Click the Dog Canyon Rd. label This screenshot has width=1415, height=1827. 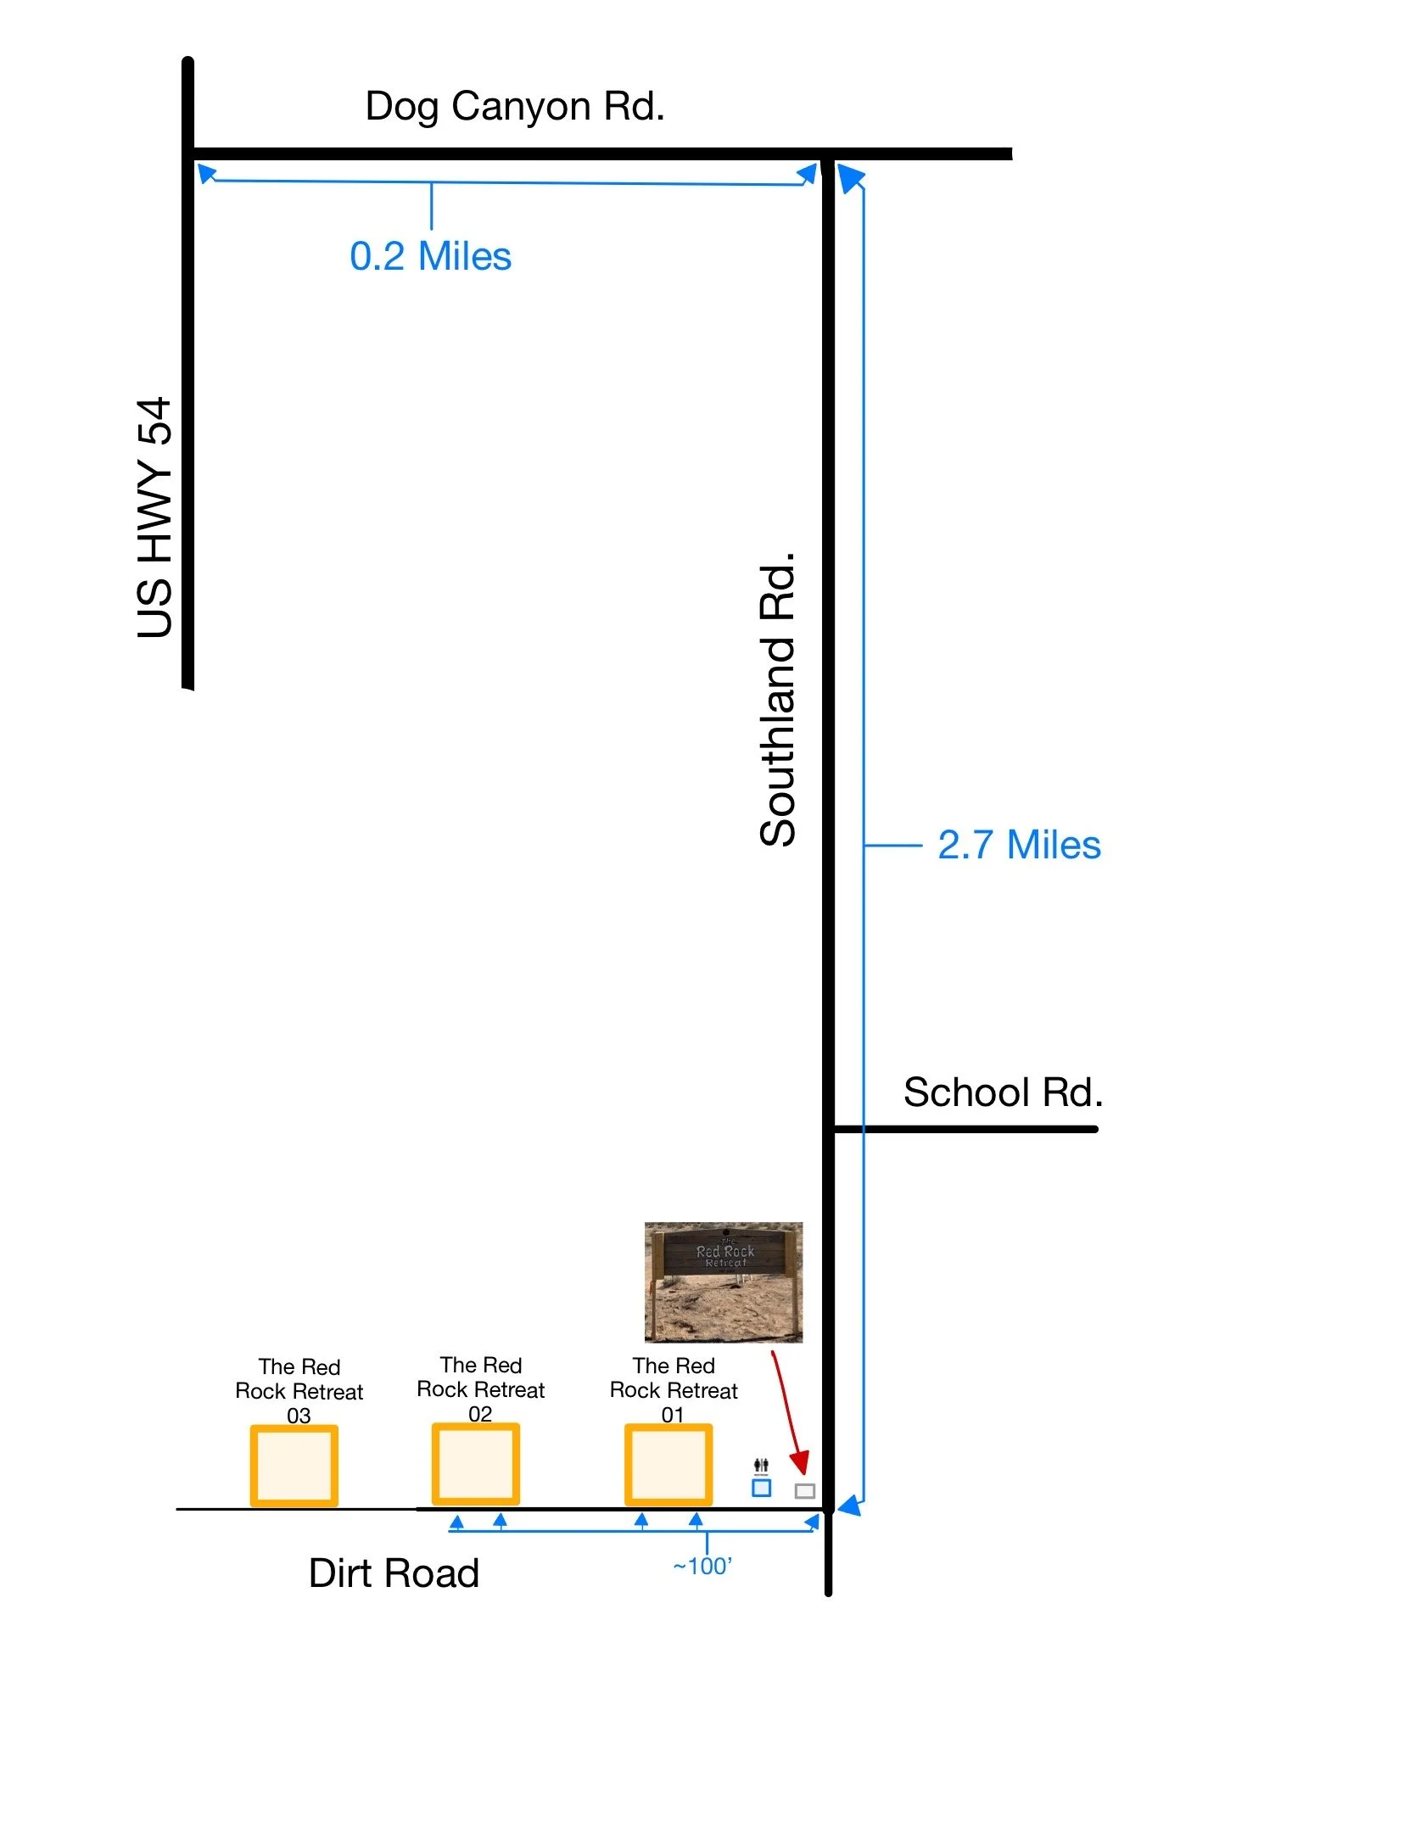[514, 107]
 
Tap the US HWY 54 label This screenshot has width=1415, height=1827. [155, 517]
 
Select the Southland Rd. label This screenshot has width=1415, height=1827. [778, 700]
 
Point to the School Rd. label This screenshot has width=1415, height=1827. [1003, 1092]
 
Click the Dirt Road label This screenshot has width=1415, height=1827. [394, 1573]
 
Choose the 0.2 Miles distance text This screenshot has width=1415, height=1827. [430, 256]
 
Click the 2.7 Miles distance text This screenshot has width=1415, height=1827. [1019, 845]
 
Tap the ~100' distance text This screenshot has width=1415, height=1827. [702, 1566]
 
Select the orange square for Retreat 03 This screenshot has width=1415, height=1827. [294, 1466]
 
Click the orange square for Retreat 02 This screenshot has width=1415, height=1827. [475, 1464]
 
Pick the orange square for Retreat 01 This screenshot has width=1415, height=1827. [668, 1465]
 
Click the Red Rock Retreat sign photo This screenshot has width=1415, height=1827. [723, 1282]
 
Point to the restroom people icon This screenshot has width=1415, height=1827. [761, 1465]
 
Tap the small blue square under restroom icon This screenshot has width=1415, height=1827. [761, 1488]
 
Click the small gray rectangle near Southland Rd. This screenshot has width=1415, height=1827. [804, 1490]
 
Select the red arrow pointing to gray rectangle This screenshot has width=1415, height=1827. [787, 1412]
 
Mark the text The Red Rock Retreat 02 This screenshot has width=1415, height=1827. [480, 1389]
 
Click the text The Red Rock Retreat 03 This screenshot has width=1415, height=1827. [299, 1391]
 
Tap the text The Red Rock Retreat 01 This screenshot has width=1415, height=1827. [674, 1390]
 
